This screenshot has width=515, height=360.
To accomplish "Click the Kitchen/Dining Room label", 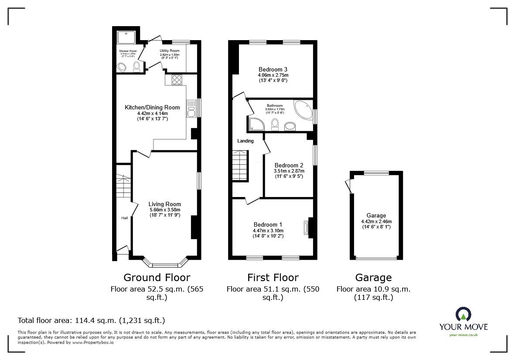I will click(146, 107).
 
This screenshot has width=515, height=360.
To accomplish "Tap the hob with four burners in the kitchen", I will click(177, 80).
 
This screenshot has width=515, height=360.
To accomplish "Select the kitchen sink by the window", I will click(191, 108).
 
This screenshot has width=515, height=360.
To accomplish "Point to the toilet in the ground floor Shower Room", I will click(136, 66).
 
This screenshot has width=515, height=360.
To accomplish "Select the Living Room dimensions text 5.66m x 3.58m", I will click(164, 210).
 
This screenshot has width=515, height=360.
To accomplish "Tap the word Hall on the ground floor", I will click(125, 218).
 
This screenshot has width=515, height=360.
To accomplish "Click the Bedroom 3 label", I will click(273, 69).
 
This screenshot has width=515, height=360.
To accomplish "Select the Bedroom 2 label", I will click(289, 165).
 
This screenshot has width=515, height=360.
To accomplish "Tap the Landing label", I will click(245, 141).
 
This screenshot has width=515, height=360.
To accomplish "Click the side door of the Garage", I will click(348, 186).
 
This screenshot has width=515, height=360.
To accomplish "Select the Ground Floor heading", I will click(157, 278).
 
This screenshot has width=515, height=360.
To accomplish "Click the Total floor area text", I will click(91, 320).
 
